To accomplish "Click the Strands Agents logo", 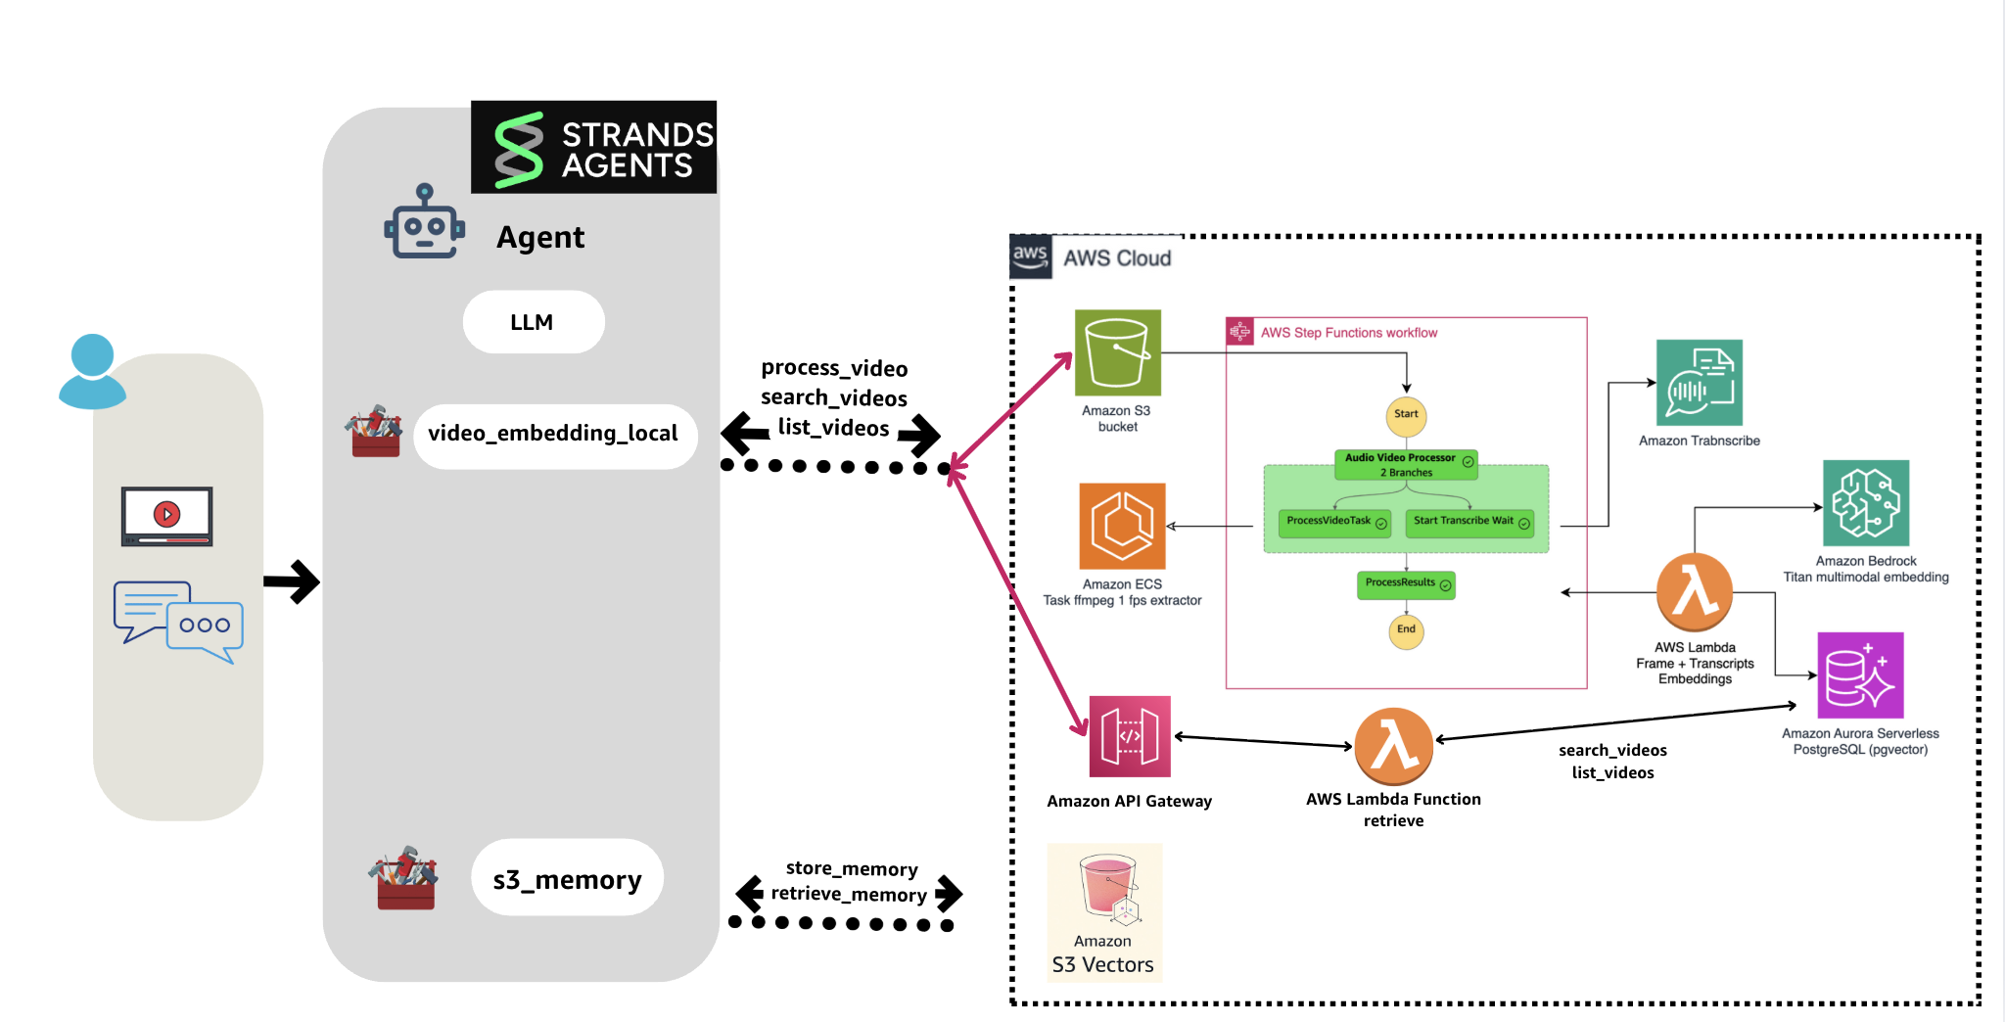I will coord(593,147).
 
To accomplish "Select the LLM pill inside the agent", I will coord(533,322).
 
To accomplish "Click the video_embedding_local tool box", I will coord(554,434).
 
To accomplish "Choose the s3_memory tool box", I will coord(567,878).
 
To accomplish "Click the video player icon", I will coord(166,515).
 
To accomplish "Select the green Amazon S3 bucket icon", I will coord(1117,352).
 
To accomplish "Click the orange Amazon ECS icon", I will coord(1122,526).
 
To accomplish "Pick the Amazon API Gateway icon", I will coord(1130,736).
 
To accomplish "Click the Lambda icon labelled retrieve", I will coord(1393,746).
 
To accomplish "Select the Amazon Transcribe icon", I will coord(1699,383).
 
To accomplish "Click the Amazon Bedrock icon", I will coord(1865,502).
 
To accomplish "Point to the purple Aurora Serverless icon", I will coord(1860,675).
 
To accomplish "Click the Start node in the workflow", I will coord(1406,414).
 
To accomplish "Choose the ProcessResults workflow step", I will coord(1406,584).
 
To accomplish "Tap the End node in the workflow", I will coord(1406,629).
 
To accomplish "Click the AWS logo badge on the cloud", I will coord(1030,256).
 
